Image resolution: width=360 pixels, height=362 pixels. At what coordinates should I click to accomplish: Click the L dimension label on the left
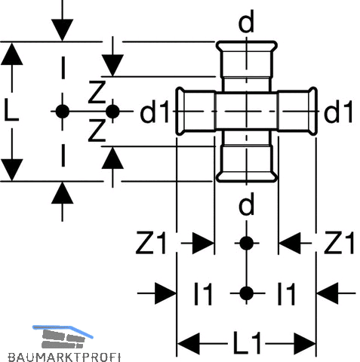click(11, 112)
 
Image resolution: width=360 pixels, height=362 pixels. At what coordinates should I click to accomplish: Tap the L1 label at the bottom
click(248, 343)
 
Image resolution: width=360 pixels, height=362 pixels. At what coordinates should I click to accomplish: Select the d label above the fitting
click(246, 22)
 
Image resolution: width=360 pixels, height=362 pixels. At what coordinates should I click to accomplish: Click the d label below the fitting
click(246, 204)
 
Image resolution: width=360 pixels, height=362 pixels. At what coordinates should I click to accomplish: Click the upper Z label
click(97, 92)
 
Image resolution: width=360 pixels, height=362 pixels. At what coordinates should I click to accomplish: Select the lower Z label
click(97, 130)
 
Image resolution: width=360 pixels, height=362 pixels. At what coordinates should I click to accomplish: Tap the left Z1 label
click(151, 243)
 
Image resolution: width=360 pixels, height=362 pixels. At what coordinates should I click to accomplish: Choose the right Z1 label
click(339, 243)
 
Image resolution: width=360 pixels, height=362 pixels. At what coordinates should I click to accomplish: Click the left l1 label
click(203, 294)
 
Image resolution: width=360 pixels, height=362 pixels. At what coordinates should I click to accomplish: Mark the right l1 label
click(286, 294)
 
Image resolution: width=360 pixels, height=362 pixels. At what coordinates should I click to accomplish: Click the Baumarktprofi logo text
click(64, 357)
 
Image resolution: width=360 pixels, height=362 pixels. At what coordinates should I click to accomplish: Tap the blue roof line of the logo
click(63, 330)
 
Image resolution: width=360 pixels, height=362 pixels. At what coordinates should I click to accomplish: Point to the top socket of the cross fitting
click(247, 60)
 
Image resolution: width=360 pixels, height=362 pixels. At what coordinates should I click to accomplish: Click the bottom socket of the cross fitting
click(247, 163)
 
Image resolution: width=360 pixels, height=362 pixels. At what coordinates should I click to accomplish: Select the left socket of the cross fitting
click(195, 111)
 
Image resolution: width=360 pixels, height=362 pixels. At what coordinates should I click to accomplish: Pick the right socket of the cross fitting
click(297, 111)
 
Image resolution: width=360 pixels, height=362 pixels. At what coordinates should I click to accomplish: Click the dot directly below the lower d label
click(247, 243)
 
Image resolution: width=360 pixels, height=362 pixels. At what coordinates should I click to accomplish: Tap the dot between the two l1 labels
click(247, 293)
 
